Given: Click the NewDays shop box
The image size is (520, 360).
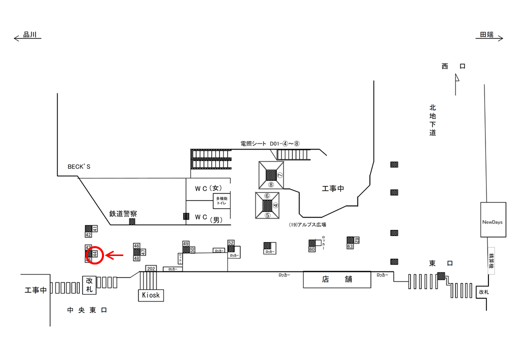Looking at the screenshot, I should click(492, 220).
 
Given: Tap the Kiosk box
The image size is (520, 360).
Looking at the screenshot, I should click(150, 295).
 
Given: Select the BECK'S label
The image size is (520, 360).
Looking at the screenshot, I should click(79, 166).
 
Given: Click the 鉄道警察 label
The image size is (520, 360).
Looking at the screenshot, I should click(123, 213).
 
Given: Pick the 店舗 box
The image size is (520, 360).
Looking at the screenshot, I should click(337, 279).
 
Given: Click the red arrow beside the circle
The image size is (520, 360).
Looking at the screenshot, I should click(115, 256).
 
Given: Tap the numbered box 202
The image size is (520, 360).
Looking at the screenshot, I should click(151, 268).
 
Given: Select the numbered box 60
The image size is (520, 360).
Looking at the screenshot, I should click(311, 249).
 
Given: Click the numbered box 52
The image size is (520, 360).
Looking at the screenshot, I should click(231, 242).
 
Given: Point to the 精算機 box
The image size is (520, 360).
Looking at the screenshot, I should click(491, 259).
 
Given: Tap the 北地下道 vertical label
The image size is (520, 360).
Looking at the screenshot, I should click(432, 120).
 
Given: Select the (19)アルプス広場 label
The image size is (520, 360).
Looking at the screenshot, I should click(307, 225).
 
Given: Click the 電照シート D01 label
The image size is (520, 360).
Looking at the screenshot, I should click(269, 143).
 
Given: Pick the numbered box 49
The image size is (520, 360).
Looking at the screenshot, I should click(185, 243).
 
